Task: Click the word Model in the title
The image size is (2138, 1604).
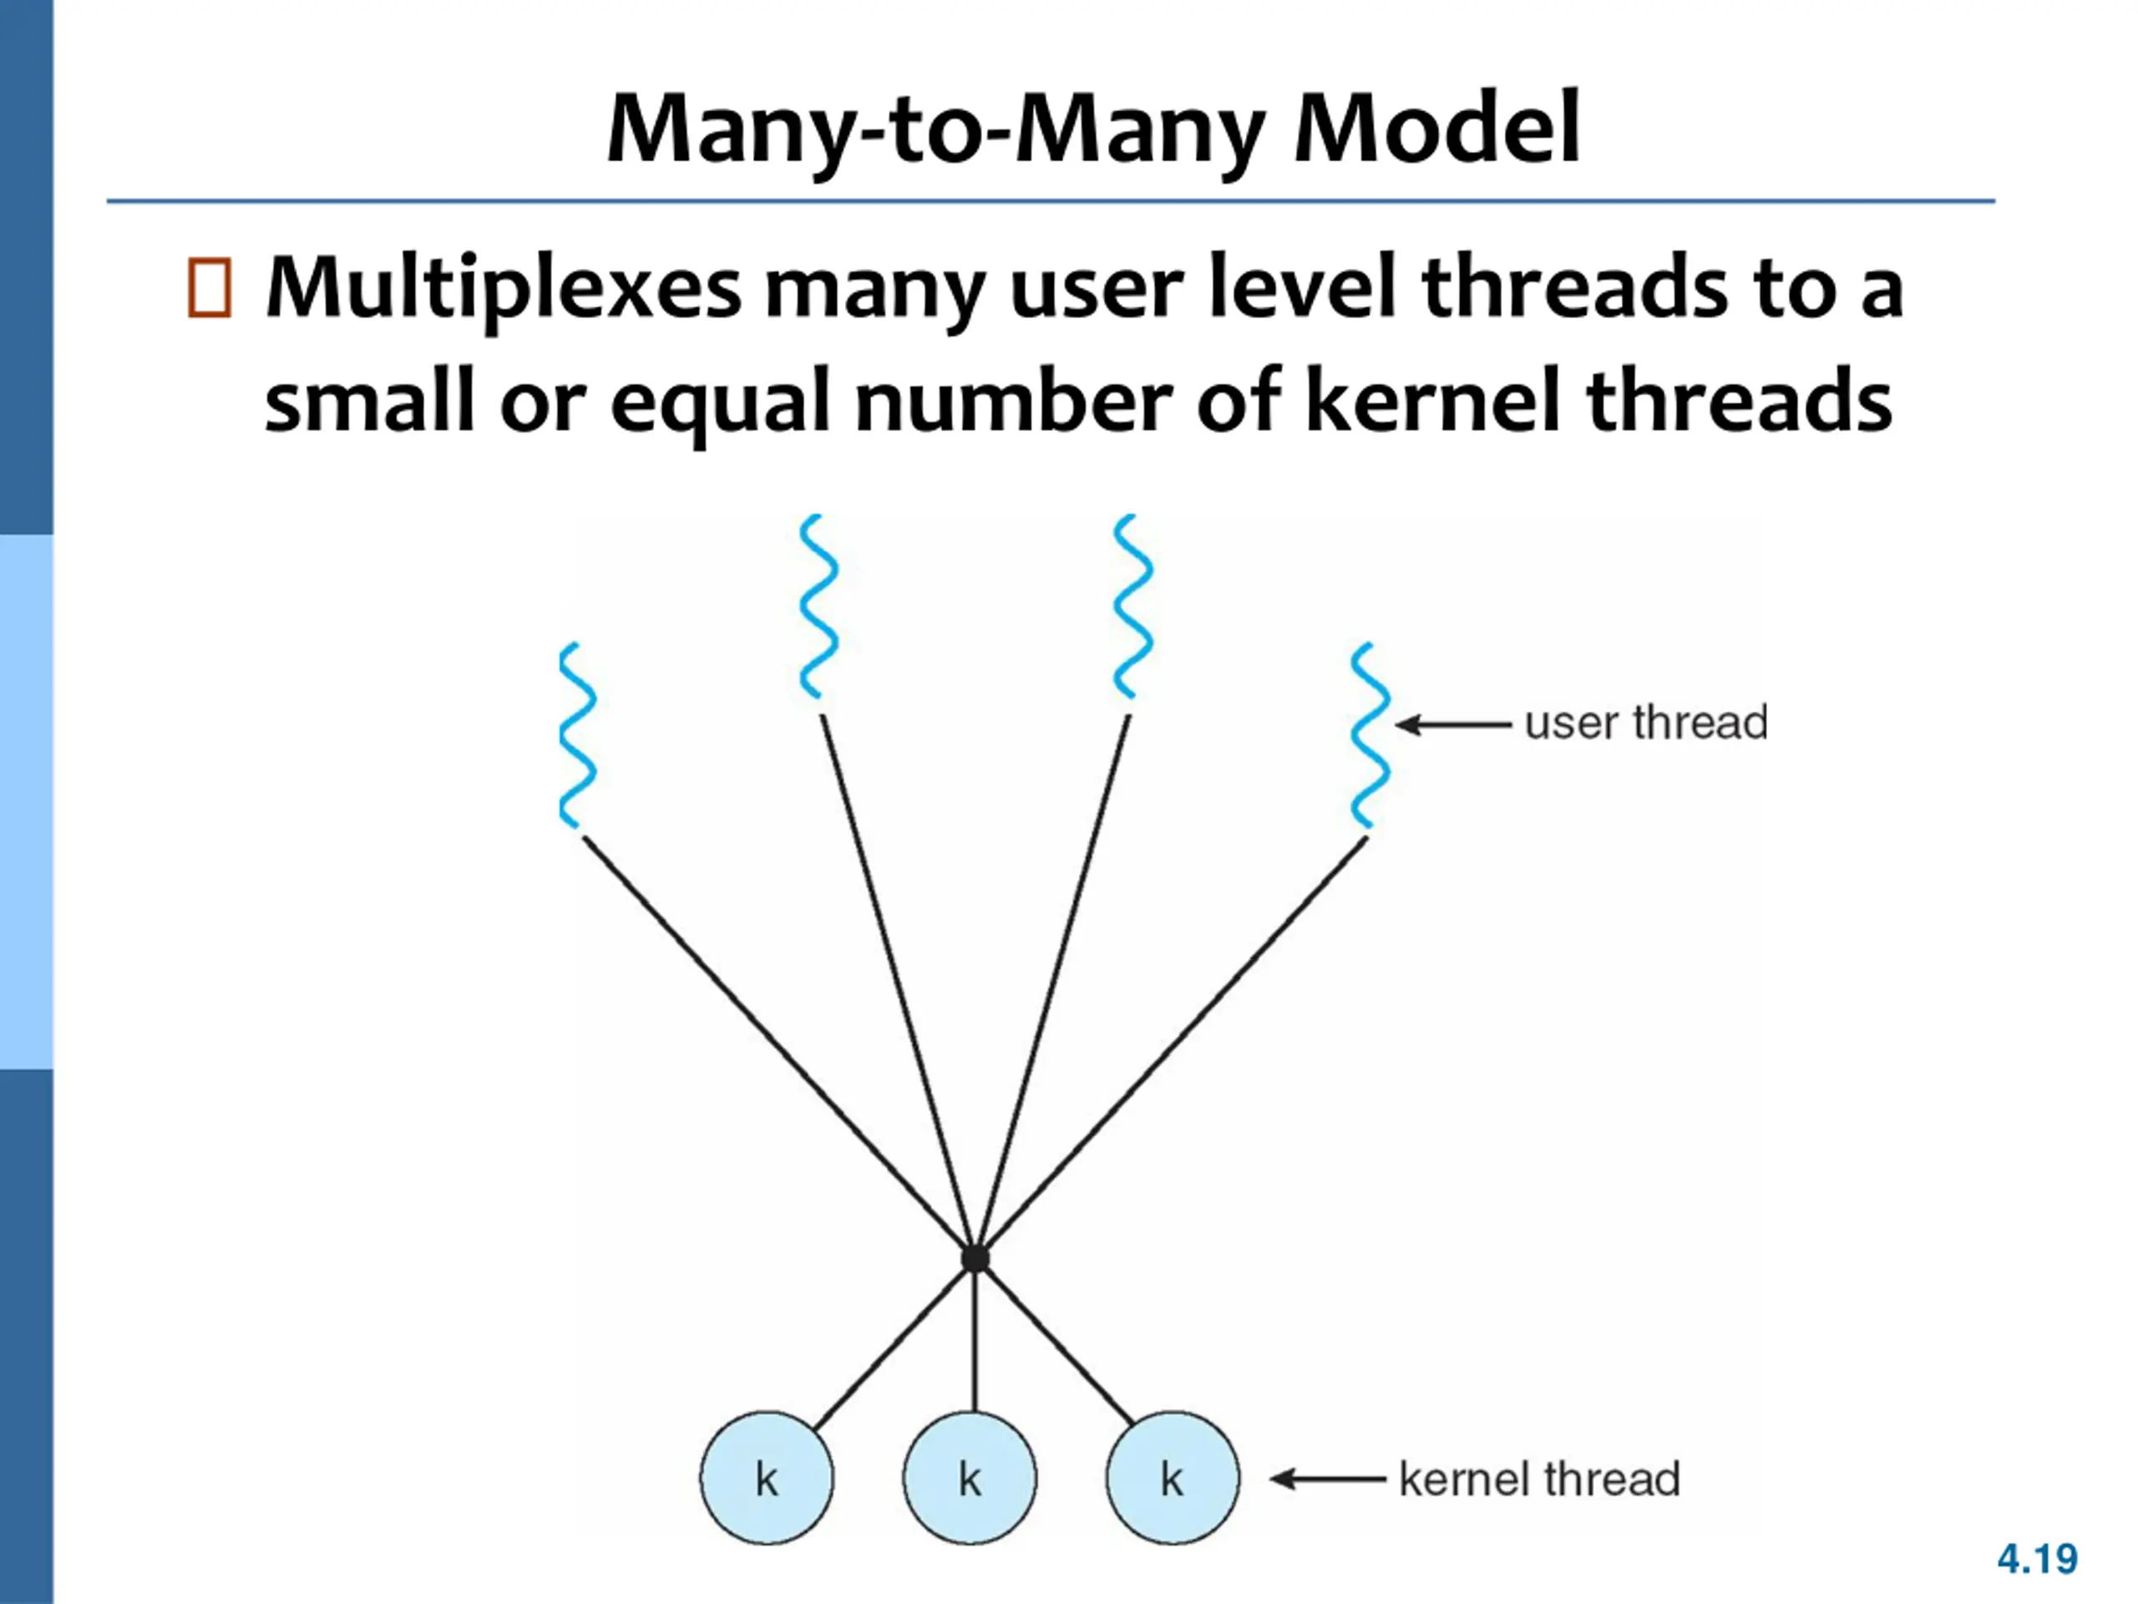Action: pyautogui.click(x=1436, y=129)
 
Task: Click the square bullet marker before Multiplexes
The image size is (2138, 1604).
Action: pyautogui.click(x=210, y=288)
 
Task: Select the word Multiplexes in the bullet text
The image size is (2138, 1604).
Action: pyautogui.click(x=503, y=288)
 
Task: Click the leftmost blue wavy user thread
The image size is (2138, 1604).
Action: pyautogui.click(x=577, y=735)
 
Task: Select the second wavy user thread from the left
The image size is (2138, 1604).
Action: pyautogui.click(x=818, y=607)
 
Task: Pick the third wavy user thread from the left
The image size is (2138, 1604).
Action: pyautogui.click(x=1132, y=607)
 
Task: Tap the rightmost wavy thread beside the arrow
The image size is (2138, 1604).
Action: pyautogui.click(x=1370, y=735)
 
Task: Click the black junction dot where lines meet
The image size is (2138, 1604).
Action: pyautogui.click(x=975, y=1259)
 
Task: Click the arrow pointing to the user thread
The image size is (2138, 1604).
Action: pyautogui.click(x=1452, y=724)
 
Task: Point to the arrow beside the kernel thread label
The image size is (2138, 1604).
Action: pyautogui.click(x=1327, y=1479)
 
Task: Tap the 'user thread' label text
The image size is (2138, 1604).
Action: pyautogui.click(x=1646, y=723)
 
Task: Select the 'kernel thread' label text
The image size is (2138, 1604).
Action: pyautogui.click(x=1538, y=1480)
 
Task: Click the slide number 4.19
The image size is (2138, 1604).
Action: pyautogui.click(x=2036, y=1559)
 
